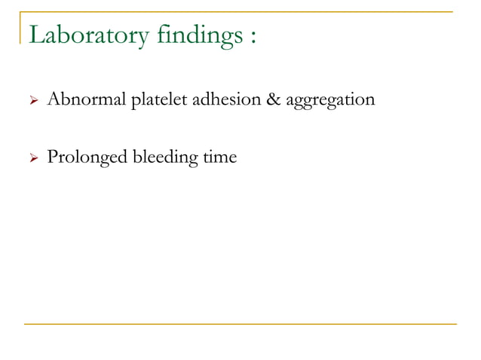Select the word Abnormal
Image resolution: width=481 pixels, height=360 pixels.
click(x=86, y=99)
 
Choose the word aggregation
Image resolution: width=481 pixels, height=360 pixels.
click(x=330, y=100)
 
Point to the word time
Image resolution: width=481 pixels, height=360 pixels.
click(x=219, y=157)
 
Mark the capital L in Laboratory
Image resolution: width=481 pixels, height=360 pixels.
click(x=35, y=35)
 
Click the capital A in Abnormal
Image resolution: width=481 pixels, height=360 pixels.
click(x=54, y=99)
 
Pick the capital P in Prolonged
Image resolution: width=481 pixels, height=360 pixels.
click(x=52, y=157)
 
